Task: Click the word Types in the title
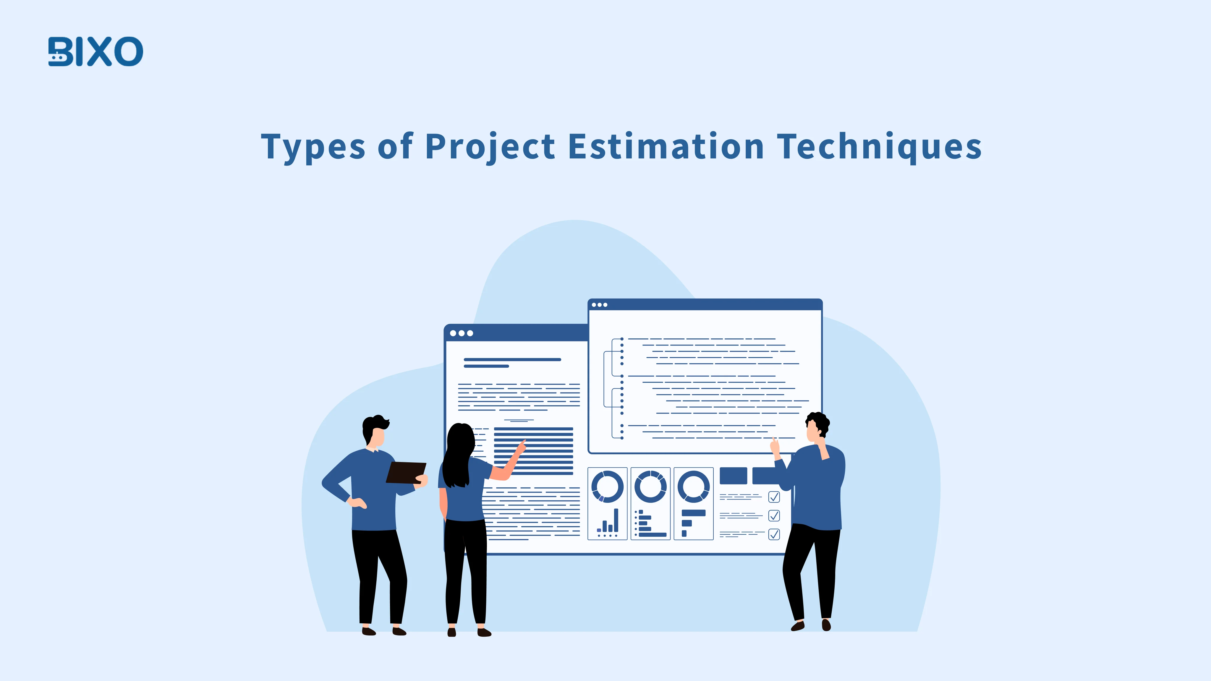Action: click(x=313, y=147)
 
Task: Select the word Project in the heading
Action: click(x=490, y=147)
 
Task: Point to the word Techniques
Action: click(x=879, y=147)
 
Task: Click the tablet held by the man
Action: click(x=405, y=472)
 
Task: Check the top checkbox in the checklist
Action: click(x=774, y=497)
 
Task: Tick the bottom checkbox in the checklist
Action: click(x=774, y=534)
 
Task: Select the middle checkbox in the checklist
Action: click(x=774, y=515)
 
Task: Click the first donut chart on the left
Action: click(x=607, y=487)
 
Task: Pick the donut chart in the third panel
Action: click(x=693, y=487)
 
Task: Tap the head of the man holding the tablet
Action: click(x=375, y=432)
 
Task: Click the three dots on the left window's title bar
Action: click(x=461, y=333)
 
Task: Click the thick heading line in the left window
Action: click(x=512, y=359)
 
